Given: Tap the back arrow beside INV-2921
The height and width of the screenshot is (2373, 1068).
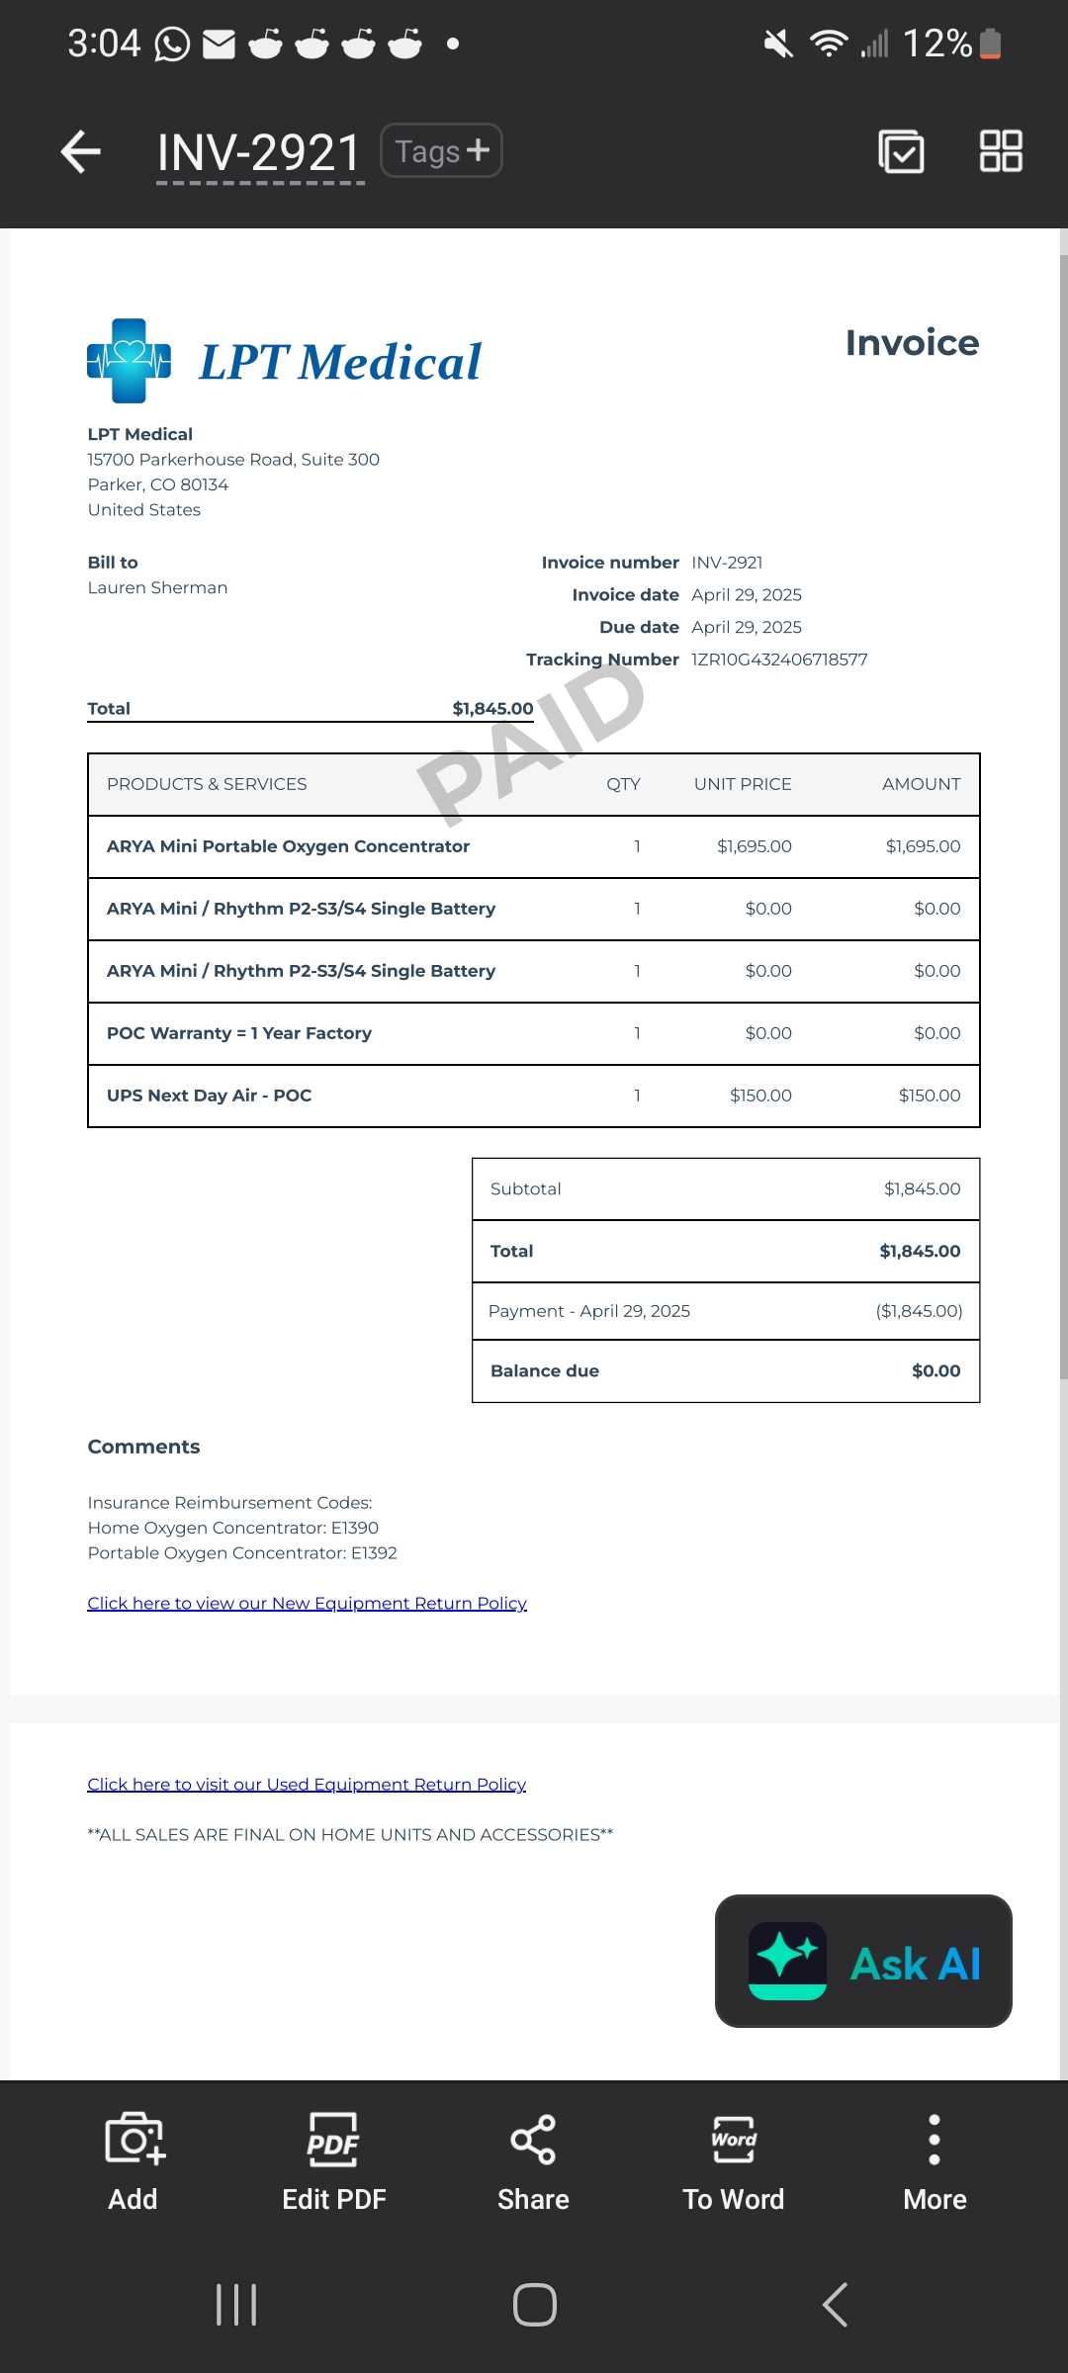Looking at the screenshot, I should pyautogui.click(x=81, y=152).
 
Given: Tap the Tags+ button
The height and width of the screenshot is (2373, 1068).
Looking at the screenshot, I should pyautogui.click(x=441, y=151).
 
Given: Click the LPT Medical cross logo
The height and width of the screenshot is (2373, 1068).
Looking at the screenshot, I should pyautogui.click(x=129, y=361).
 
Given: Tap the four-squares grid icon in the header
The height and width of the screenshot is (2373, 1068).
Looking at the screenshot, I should pyautogui.click(x=1000, y=151).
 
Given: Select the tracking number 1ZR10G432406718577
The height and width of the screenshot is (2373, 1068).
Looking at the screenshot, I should pyautogui.click(x=779, y=659).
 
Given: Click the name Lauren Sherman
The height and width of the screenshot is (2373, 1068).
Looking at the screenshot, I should pyautogui.click(x=157, y=587).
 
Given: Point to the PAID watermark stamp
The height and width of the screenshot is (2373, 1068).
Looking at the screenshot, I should pyautogui.click(x=531, y=742).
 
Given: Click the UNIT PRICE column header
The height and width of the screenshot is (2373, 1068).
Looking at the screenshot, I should pyautogui.click(x=742, y=784).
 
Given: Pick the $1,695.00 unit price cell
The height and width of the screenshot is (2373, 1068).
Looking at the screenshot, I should pyautogui.click(x=754, y=846).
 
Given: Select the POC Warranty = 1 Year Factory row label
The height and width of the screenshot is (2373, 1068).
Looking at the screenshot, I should pyautogui.click(x=239, y=1033).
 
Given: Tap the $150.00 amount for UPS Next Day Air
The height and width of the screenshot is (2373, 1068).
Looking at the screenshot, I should pyautogui.click(x=929, y=1096).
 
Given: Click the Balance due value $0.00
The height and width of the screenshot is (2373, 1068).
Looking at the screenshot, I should pyautogui.click(x=935, y=1371).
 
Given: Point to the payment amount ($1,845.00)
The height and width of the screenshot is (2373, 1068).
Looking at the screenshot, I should pyautogui.click(x=919, y=1311).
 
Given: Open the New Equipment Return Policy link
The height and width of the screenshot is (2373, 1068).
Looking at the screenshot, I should pyautogui.click(x=307, y=1603).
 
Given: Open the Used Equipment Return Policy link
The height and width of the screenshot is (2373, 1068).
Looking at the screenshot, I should pyautogui.click(x=307, y=1784).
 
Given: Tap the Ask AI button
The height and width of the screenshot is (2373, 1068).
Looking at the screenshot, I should pyautogui.click(x=863, y=1962).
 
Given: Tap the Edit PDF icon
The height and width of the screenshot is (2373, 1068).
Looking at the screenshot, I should pyautogui.click(x=333, y=2141).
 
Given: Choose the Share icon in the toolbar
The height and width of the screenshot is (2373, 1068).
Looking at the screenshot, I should pyautogui.click(x=533, y=2141).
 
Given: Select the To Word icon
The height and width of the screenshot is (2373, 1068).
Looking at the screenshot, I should pyautogui.click(x=733, y=2141).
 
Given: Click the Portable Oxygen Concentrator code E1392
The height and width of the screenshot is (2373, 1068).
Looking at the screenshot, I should pyautogui.click(x=374, y=1553).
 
